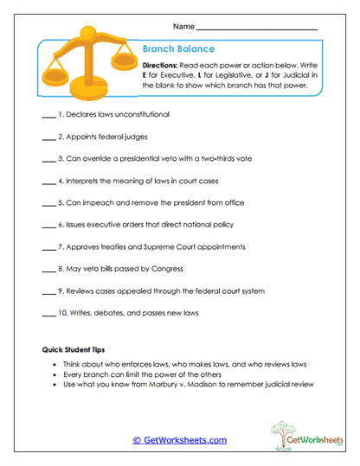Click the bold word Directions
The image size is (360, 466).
(x=162, y=66)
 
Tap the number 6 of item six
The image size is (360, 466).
(x=61, y=225)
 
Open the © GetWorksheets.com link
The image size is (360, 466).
(x=179, y=440)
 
